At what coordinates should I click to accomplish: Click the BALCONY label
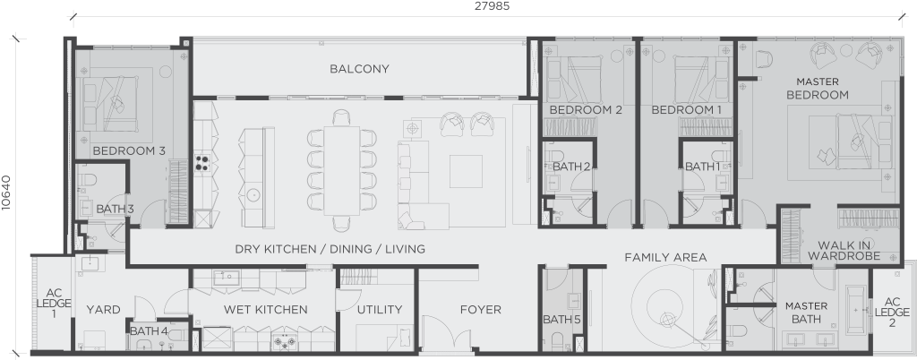tap(359, 69)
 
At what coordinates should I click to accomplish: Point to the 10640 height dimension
tap(7, 193)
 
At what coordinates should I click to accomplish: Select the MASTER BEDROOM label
tap(817, 88)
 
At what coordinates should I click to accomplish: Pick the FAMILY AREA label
tap(665, 257)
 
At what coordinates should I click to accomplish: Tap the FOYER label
tap(480, 310)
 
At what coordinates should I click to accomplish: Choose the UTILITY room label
tap(379, 310)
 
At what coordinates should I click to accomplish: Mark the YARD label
tap(103, 310)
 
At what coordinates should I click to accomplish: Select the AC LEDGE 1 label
tap(53, 302)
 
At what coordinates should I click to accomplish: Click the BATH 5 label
tap(561, 320)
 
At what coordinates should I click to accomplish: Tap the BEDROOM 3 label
tap(129, 151)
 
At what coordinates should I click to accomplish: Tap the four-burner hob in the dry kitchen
tap(202, 163)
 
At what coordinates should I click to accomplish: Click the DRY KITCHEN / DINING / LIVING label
tap(330, 249)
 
